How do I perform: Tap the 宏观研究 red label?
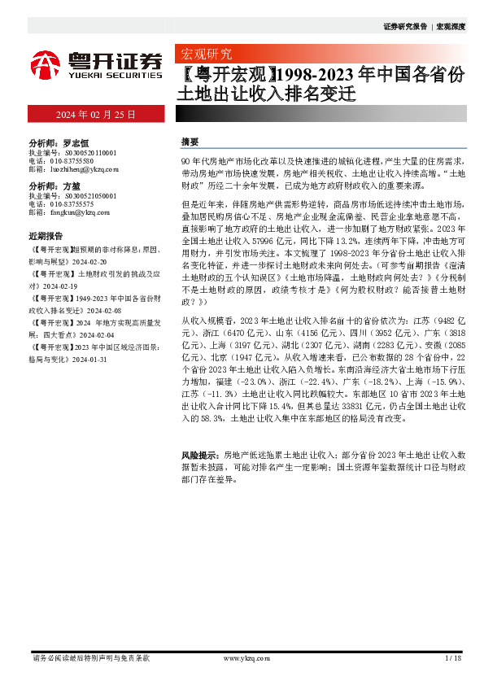click(x=204, y=55)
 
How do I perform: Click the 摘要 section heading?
click(x=190, y=142)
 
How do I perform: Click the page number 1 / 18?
click(x=453, y=657)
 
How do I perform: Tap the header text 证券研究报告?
click(x=404, y=27)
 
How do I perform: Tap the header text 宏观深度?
click(x=451, y=27)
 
